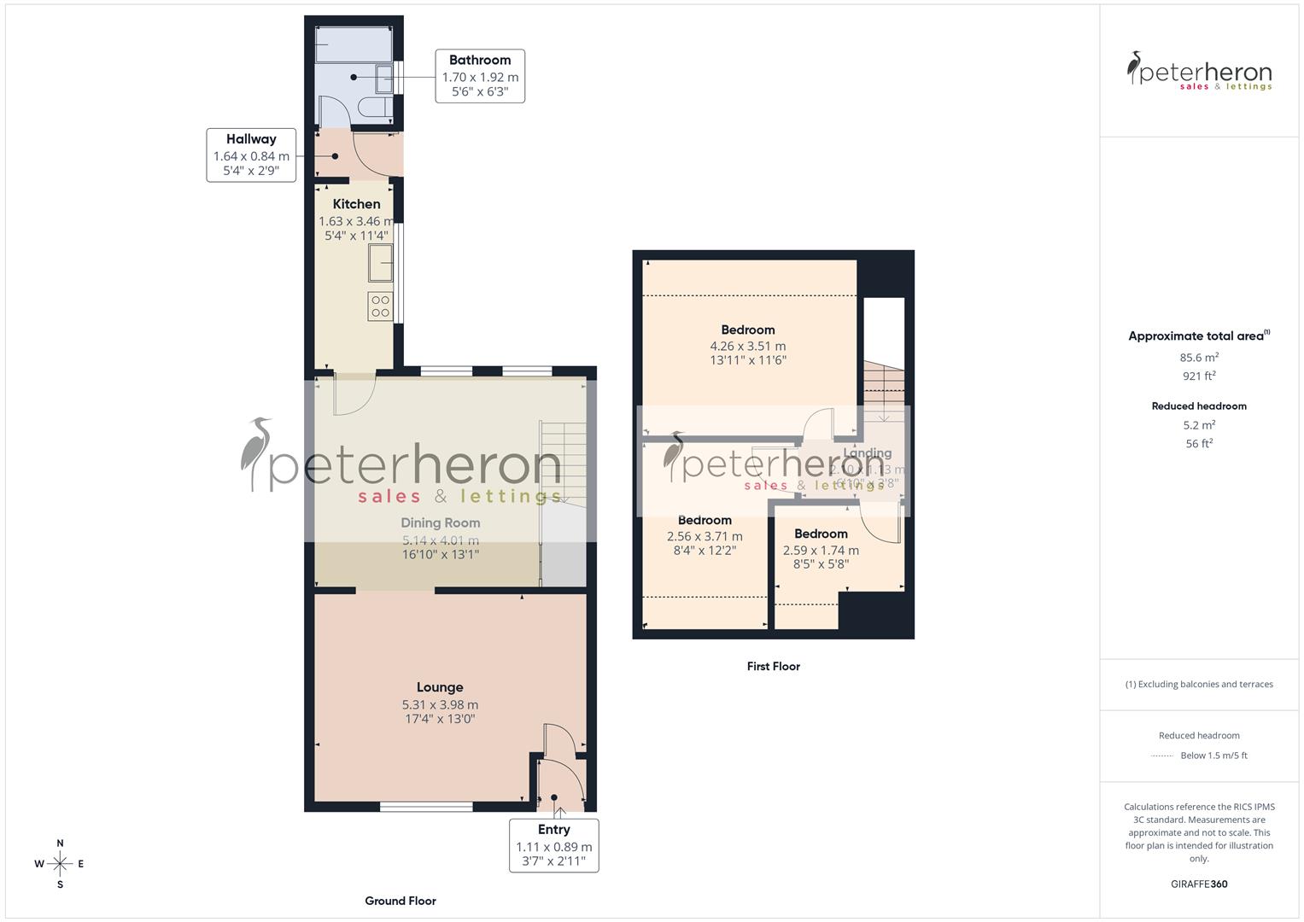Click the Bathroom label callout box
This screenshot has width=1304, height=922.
(480, 76)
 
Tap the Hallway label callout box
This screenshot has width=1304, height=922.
(251, 155)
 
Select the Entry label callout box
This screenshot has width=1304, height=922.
(553, 845)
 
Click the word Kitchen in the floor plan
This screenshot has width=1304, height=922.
(356, 204)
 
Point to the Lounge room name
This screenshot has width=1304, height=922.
(440, 687)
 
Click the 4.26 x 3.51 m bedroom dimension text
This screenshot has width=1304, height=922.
(747, 346)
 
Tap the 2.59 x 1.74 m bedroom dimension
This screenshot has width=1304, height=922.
(821, 551)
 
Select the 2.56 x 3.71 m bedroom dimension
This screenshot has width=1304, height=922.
(705, 537)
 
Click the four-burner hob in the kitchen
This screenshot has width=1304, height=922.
(380, 306)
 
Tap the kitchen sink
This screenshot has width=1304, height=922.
(380, 262)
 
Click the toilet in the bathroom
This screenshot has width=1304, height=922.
(377, 108)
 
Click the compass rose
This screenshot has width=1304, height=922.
(60, 864)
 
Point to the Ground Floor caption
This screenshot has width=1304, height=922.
(401, 901)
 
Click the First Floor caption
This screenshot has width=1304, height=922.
(773, 666)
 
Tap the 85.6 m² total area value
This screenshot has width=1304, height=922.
(1199, 358)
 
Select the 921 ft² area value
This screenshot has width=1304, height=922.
(1199, 376)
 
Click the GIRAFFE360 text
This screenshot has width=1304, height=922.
(1199, 884)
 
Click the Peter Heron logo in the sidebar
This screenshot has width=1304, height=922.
(1199, 71)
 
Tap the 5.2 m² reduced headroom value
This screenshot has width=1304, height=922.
(1199, 425)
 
